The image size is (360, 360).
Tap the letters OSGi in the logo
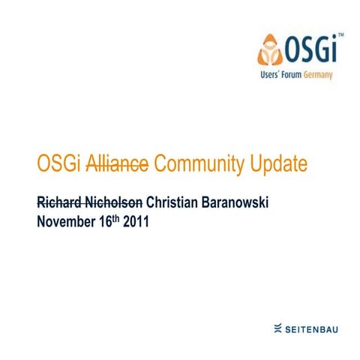point(309,50)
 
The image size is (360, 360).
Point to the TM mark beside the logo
point(340,35)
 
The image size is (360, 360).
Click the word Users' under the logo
point(272,76)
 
